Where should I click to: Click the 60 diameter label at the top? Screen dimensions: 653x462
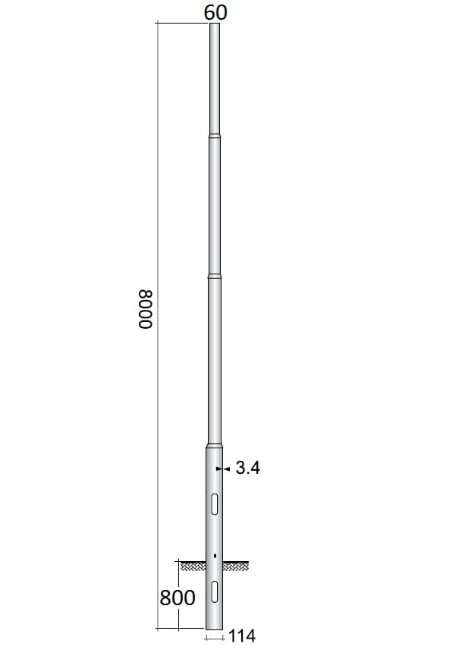215,12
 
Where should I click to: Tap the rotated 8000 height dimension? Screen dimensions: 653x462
146,310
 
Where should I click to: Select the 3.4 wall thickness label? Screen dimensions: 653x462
248,469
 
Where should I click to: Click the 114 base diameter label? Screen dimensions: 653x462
242,637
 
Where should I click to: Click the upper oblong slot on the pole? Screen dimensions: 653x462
215,504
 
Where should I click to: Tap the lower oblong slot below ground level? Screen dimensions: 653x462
215,591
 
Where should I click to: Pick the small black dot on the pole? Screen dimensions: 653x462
215,557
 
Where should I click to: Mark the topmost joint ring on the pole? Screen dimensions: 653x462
215,136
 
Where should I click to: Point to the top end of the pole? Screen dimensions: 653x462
215,25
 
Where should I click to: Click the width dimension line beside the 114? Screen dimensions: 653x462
215,638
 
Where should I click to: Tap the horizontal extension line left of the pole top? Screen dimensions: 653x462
182,24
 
